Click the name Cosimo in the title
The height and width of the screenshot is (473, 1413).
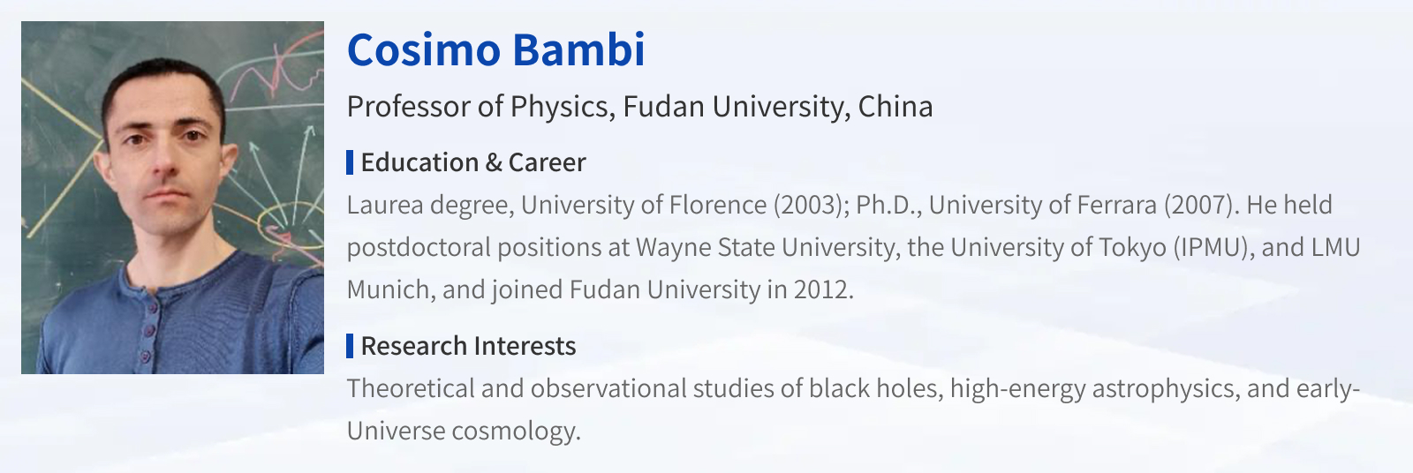pos(424,49)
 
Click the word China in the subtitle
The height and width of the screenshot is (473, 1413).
pos(895,106)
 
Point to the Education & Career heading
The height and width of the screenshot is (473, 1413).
pos(473,162)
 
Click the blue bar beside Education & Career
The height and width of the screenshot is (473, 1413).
pos(350,162)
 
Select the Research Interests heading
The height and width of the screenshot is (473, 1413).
pos(468,346)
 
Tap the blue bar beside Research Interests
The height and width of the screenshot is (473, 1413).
pos(350,346)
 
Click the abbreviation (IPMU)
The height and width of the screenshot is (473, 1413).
pos(1213,247)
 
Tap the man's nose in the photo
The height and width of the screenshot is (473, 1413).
pos(164,159)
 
